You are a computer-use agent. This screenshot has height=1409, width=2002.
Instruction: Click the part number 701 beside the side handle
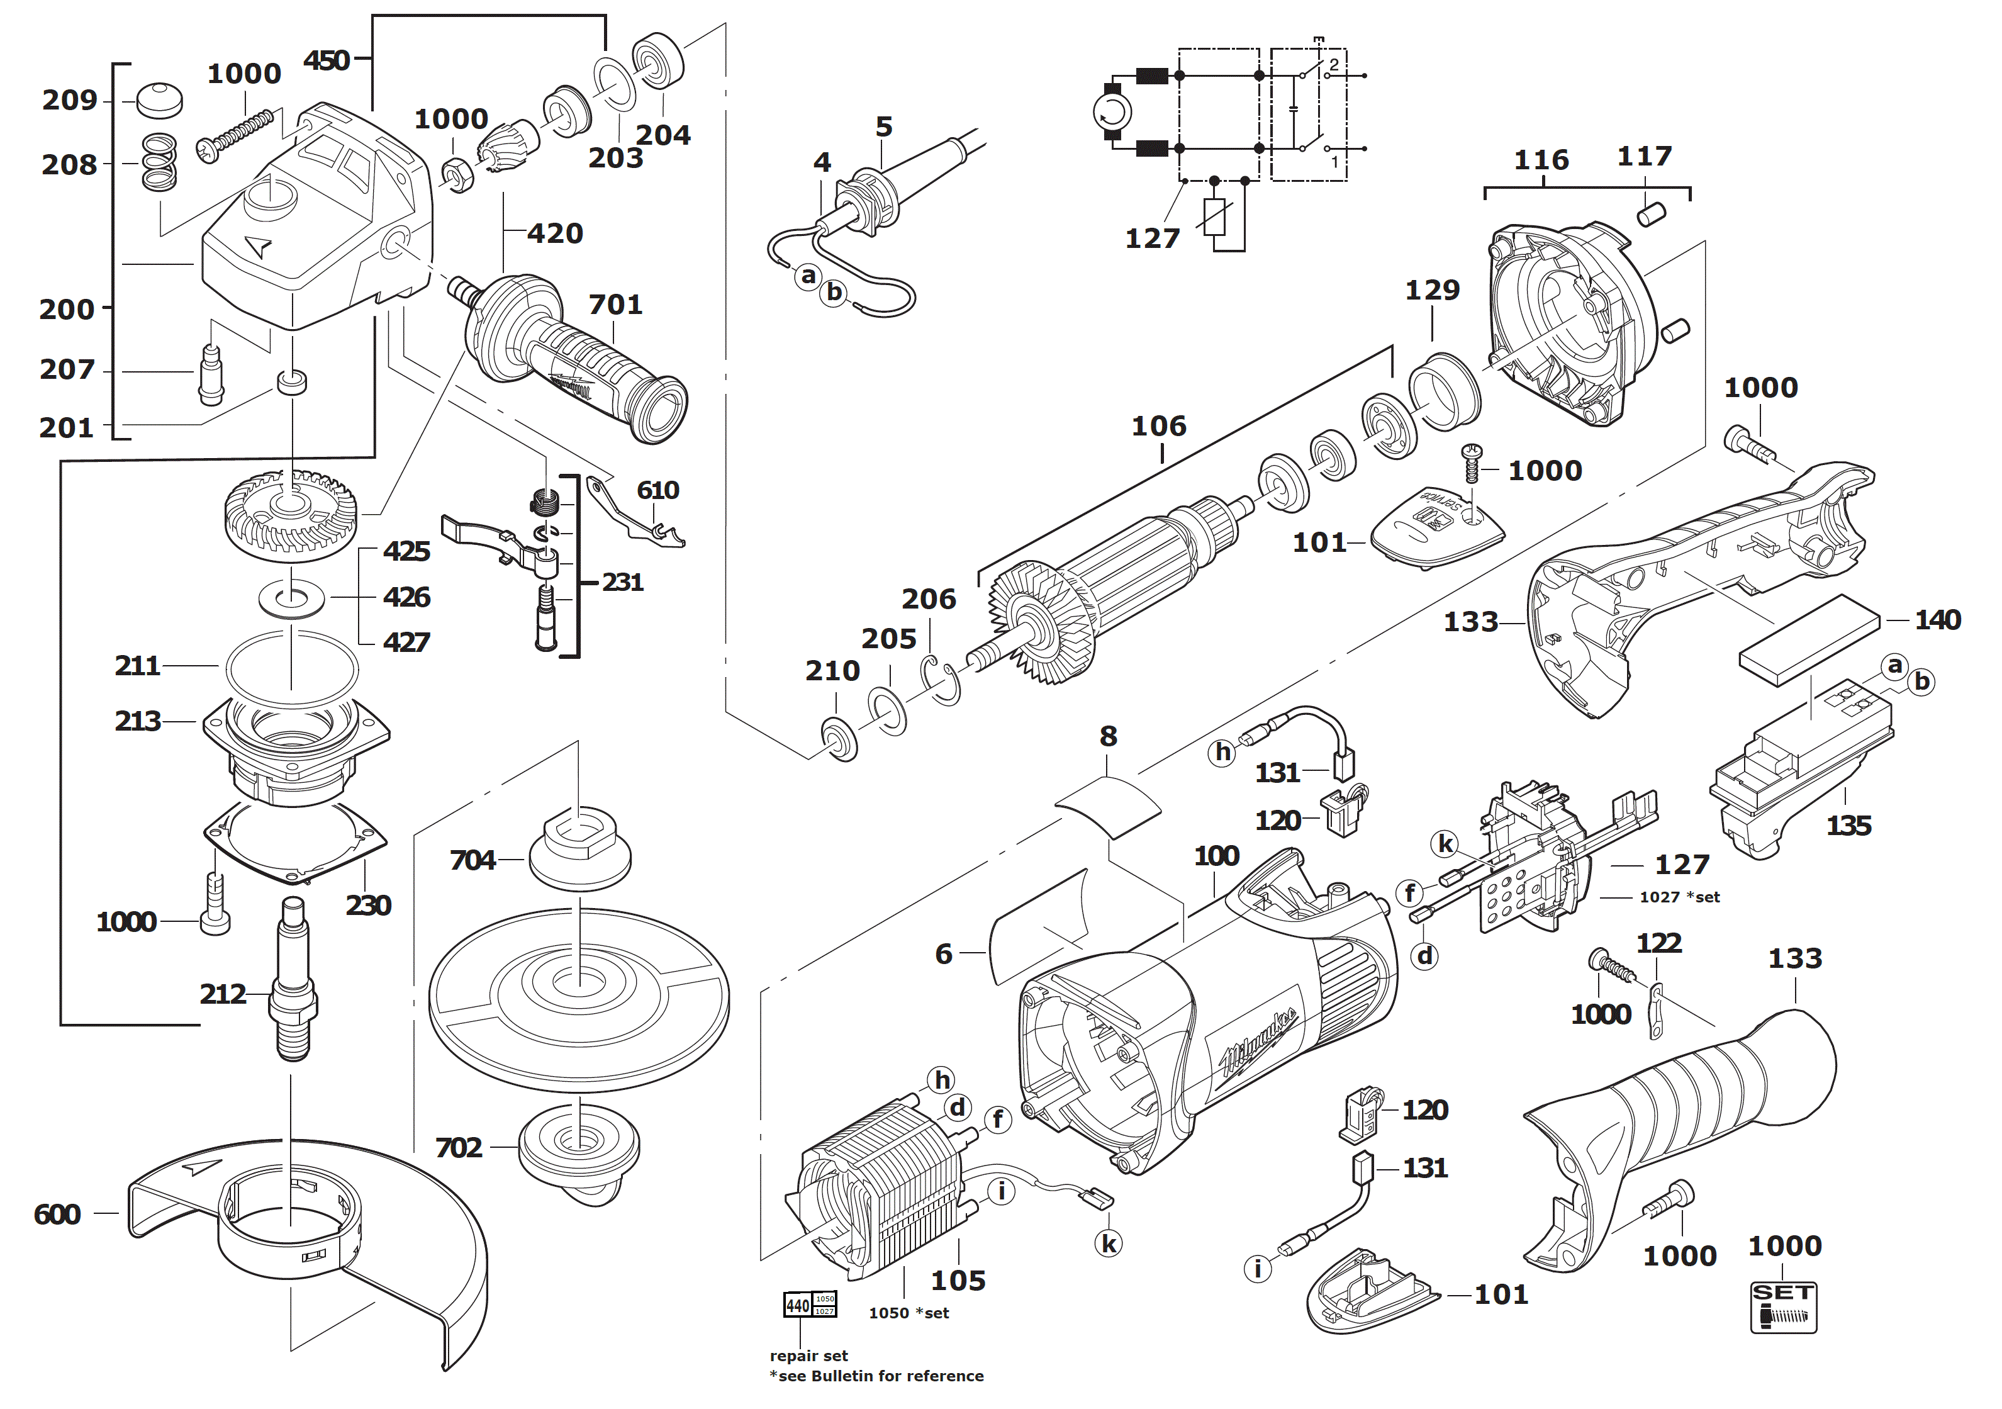[615, 305]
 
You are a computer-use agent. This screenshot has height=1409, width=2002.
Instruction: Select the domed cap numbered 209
[160, 100]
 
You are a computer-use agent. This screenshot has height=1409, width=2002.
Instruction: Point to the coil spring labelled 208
[160, 162]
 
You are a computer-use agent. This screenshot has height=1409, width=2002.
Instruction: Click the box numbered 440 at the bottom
[798, 1305]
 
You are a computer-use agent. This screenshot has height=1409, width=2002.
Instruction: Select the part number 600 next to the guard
[57, 1214]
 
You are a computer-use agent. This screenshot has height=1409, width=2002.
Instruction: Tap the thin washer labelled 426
[292, 599]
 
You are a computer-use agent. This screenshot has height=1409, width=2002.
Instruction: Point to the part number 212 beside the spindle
[222, 993]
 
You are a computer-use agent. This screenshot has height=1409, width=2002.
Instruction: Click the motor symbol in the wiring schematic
[1112, 111]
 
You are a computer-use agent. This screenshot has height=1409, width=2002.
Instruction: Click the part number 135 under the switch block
[1848, 825]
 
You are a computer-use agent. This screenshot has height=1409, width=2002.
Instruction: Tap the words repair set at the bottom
[808, 1356]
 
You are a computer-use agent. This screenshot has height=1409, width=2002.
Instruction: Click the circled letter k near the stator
[1108, 1243]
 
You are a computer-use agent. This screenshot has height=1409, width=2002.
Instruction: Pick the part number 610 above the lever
[657, 490]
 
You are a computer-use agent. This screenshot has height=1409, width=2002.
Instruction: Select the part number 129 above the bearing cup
[1432, 289]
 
